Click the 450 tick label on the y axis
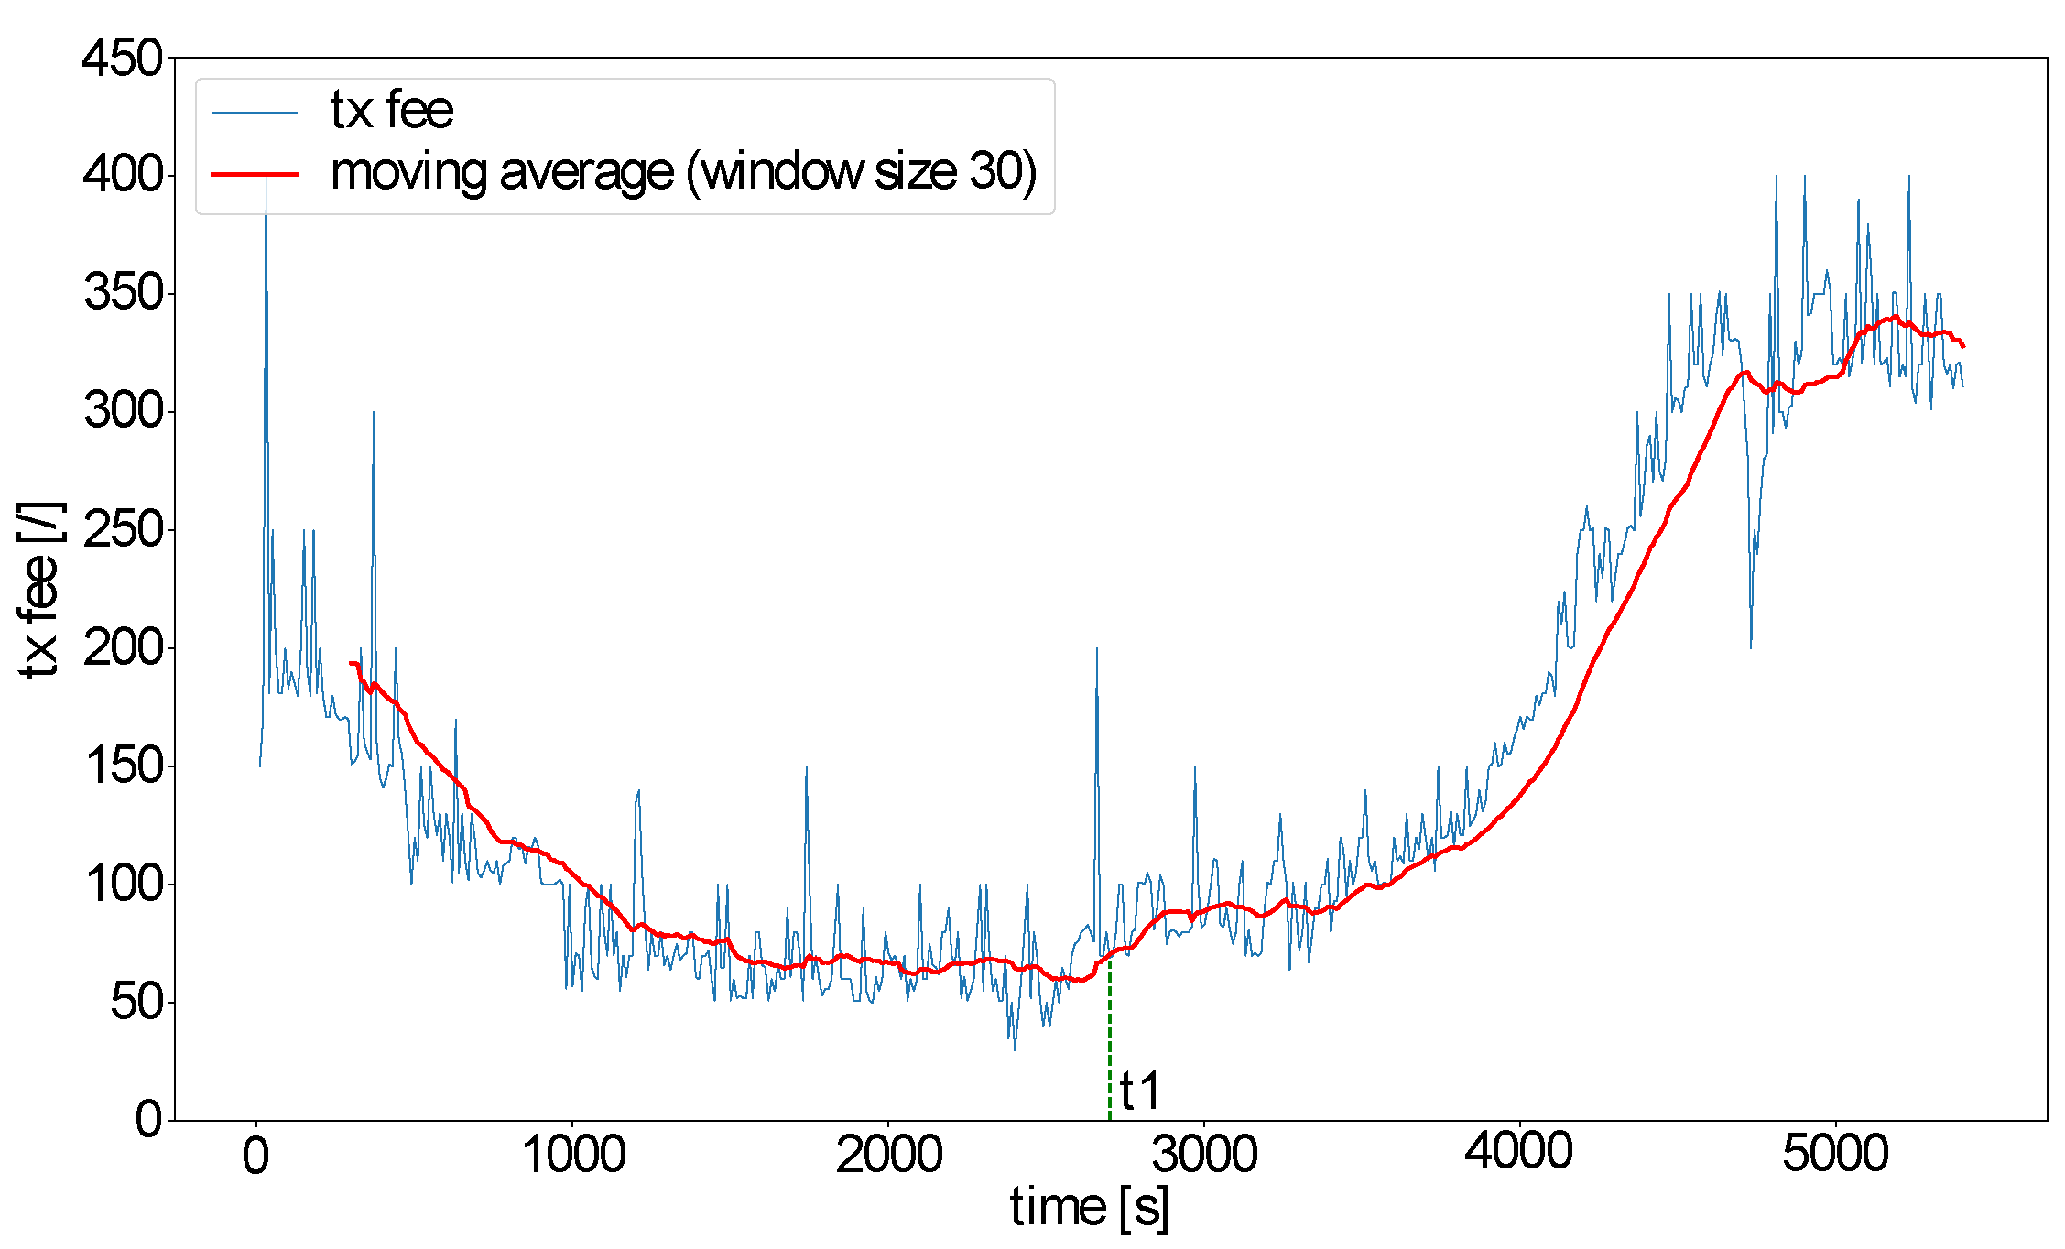point(122,60)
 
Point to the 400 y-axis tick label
point(122,174)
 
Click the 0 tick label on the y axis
point(148,1119)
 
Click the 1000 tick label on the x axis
point(573,1155)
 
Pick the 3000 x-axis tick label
point(1205,1155)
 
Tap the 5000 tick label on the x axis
point(1835,1155)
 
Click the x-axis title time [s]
point(1090,1209)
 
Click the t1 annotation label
point(1140,1091)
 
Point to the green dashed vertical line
point(1110,1044)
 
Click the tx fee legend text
point(391,111)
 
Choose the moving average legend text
point(683,172)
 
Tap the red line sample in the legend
point(255,173)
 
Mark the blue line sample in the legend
point(255,113)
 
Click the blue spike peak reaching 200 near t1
point(1096,649)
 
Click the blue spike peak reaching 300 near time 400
point(374,413)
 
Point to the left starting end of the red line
point(352,663)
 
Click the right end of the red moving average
point(1962,346)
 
